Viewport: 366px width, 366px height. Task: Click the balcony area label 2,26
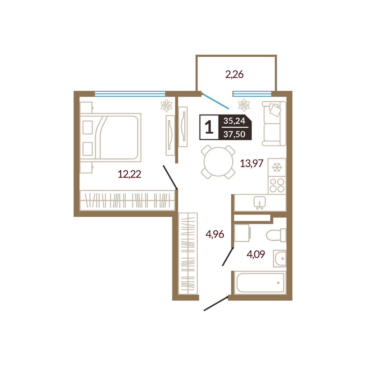234,75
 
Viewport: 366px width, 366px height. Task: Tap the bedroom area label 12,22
130,174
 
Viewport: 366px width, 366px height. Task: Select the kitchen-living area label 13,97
252,163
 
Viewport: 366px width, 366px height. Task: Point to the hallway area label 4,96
215,234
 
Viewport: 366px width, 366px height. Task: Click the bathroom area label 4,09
255,254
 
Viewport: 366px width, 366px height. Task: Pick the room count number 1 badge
209,127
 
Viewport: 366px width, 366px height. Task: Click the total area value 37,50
234,134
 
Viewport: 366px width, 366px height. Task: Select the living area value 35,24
234,121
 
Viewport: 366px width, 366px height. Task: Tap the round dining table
218,162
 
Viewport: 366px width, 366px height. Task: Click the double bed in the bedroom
111,137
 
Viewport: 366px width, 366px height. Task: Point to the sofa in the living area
274,123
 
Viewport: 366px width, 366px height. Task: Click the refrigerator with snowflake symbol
277,167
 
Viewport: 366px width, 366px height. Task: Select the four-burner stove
277,185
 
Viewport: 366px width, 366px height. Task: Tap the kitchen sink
259,202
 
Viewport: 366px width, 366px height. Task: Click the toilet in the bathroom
276,235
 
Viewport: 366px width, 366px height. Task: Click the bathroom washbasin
280,259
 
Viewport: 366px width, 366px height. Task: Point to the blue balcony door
215,101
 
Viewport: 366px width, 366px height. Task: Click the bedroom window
130,94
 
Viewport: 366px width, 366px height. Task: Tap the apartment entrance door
216,303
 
